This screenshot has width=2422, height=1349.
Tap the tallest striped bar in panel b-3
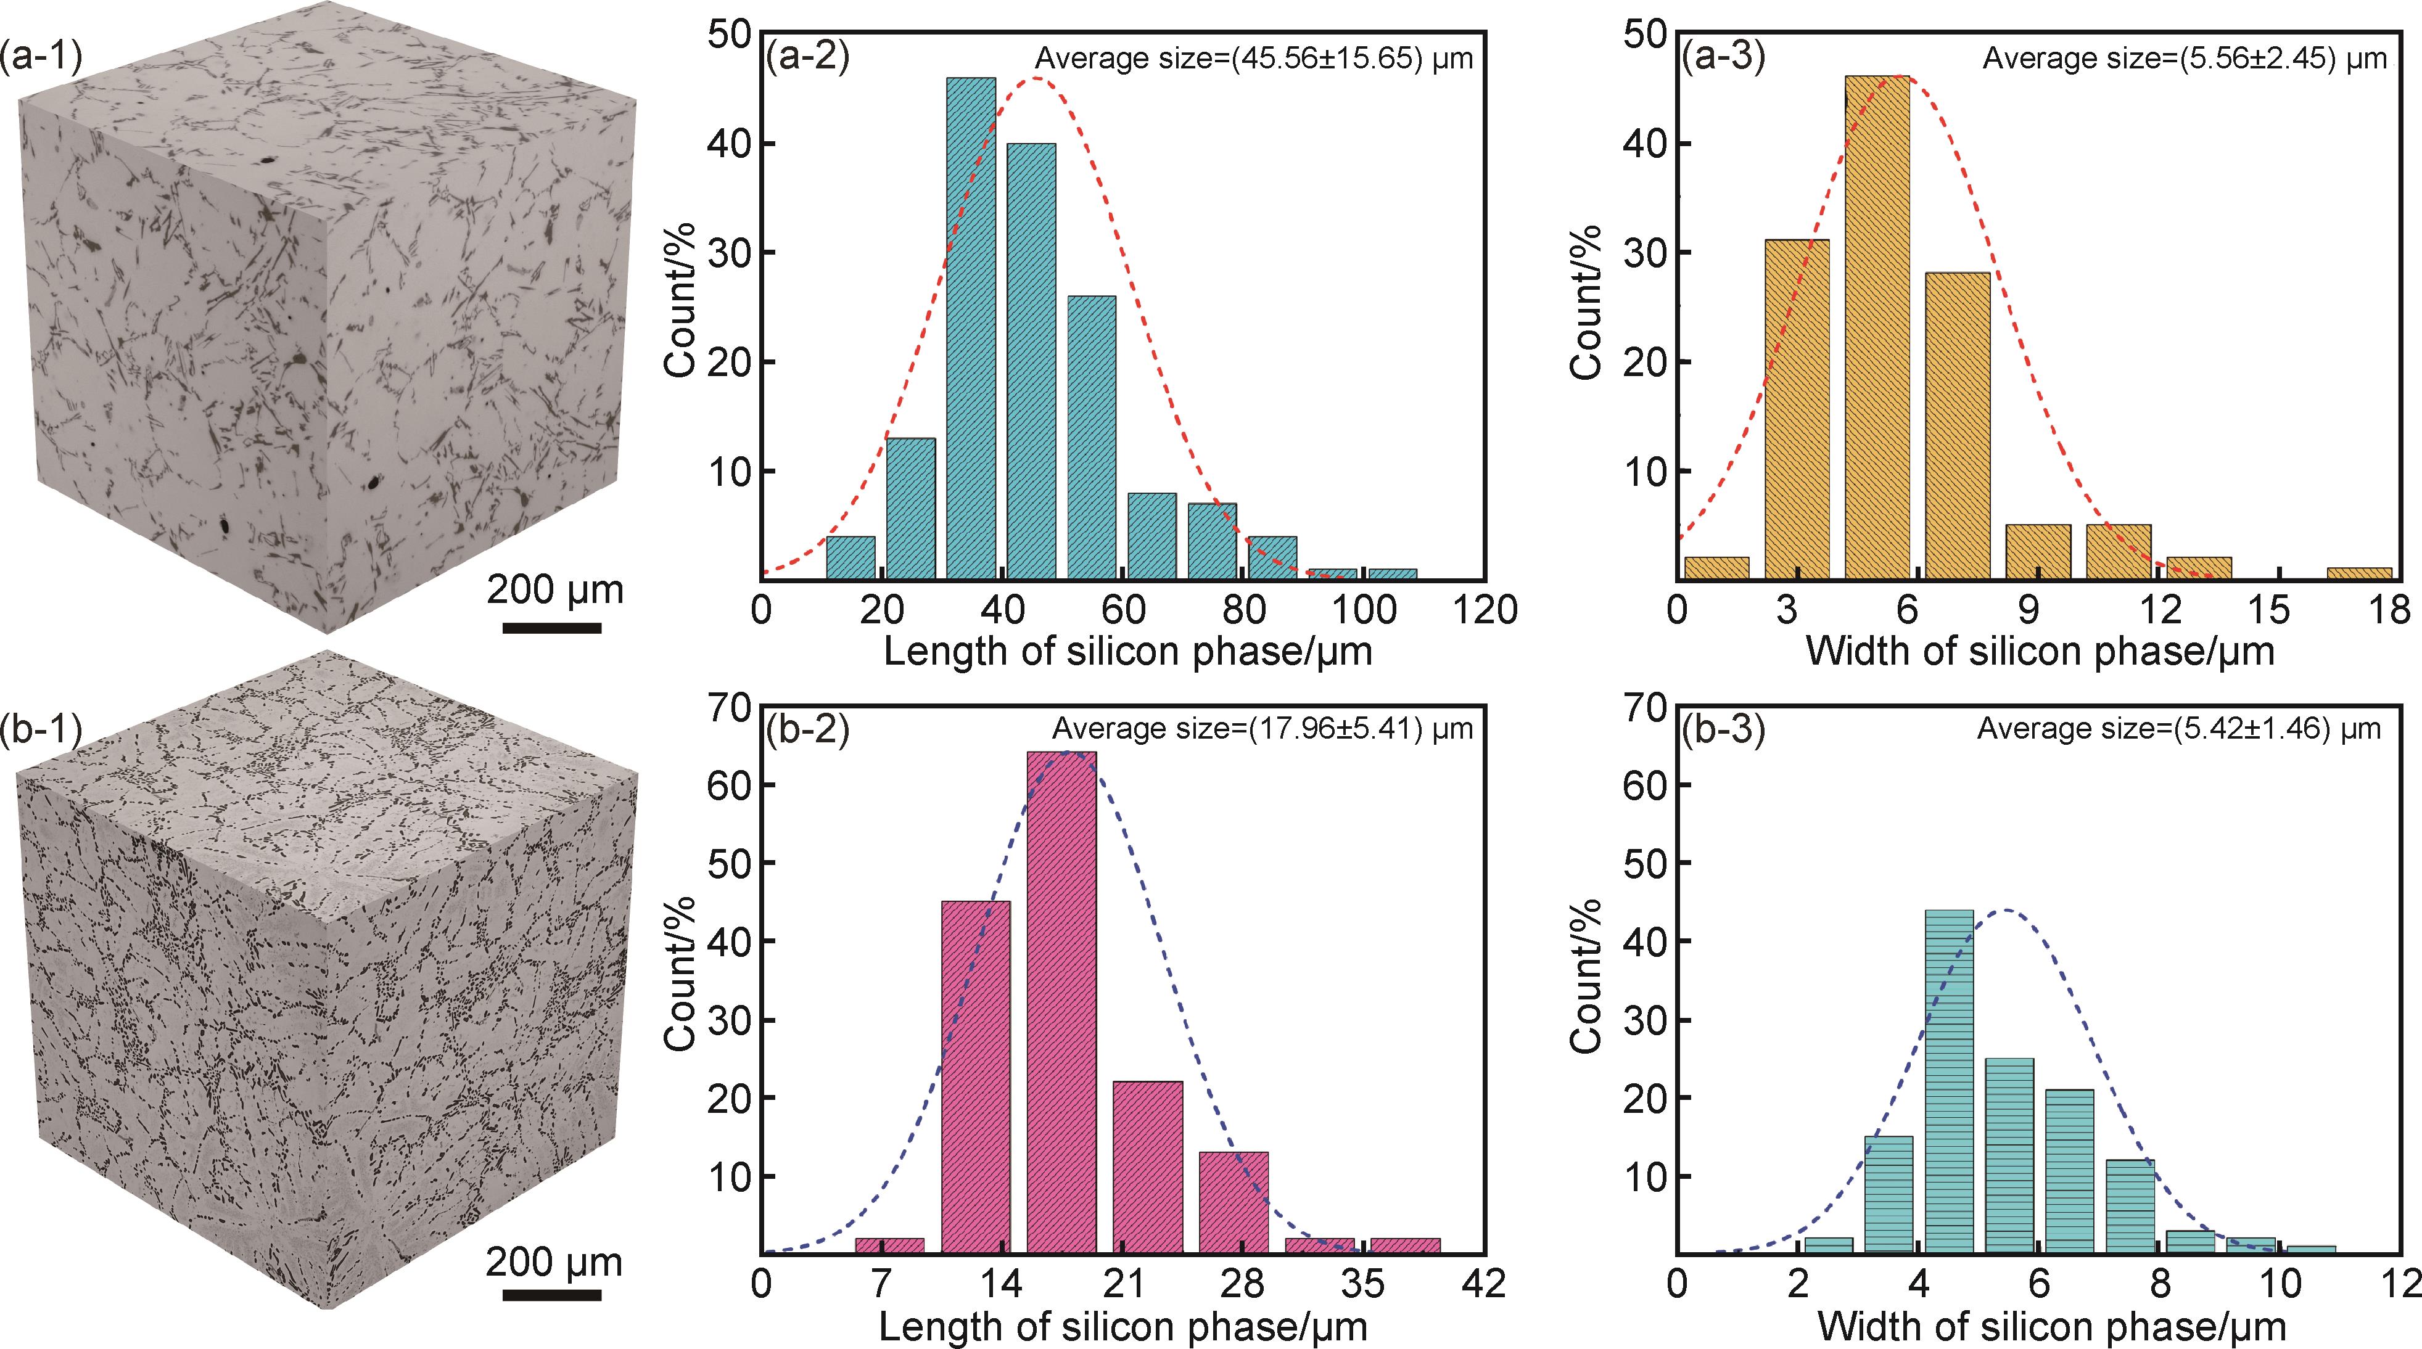(1949, 1081)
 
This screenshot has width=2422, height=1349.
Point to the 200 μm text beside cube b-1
(554, 1261)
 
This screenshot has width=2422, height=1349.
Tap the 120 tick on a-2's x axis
(1484, 611)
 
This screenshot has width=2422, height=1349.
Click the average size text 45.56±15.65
(1254, 59)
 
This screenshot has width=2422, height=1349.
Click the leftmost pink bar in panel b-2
(889, 1245)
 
